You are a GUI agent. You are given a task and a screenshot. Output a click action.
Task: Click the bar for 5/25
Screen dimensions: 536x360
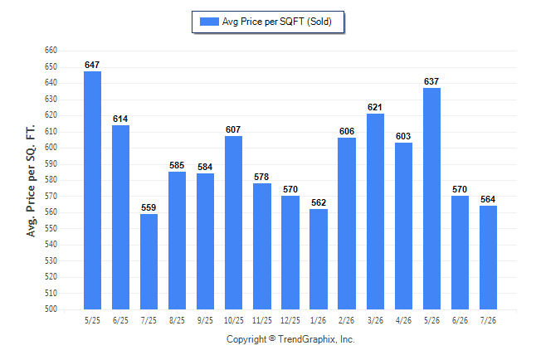[92, 191]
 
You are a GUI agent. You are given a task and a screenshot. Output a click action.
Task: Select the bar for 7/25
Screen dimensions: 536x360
[149, 261]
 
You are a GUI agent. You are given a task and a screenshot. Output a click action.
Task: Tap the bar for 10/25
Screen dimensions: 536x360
[233, 222]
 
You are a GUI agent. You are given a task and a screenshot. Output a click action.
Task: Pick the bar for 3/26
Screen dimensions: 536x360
[375, 212]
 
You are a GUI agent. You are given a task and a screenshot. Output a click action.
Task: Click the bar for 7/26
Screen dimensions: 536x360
[488, 257]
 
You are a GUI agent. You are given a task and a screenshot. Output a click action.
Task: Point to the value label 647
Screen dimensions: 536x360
[92, 65]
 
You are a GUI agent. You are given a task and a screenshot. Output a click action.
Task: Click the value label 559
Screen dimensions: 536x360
[149, 207]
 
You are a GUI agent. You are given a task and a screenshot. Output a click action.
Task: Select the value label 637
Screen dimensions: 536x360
[431, 81]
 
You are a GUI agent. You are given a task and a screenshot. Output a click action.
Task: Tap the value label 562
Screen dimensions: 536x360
[319, 202]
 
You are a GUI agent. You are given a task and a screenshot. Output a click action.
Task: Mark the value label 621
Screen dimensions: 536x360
[375, 107]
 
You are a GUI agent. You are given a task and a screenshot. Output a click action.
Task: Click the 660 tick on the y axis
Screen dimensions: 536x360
[51, 51]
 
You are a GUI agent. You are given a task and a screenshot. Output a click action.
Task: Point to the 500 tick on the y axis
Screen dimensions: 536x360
[51, 309]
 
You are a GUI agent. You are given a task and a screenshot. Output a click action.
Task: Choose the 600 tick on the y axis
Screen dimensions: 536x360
[51, 148]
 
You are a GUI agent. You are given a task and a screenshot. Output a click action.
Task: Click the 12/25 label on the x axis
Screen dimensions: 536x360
[290, 320]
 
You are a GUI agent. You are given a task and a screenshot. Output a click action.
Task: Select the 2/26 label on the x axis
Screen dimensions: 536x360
[346, 320]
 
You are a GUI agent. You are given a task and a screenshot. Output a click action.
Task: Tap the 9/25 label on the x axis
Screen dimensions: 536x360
[205, 320]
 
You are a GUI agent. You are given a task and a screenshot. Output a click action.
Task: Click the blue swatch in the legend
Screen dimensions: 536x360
[209, 22]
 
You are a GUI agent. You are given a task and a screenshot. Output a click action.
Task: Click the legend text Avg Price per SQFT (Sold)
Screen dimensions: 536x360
[277, 22]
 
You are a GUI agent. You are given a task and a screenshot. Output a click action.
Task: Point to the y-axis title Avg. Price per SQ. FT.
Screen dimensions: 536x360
[31, 181]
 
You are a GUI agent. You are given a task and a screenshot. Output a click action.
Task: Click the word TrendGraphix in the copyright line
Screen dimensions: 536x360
[307, 339]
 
